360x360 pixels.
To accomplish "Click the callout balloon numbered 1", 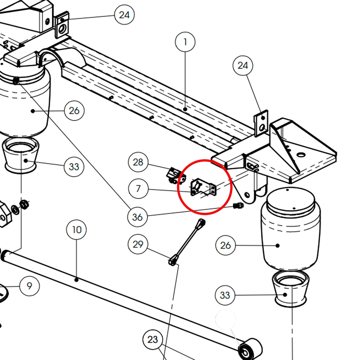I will tap(185, 42).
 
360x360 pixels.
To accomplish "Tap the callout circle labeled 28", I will tap(138, 162).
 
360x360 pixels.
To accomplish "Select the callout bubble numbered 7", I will tap(138, 189).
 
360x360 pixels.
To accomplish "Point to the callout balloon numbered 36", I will tap(137, 217).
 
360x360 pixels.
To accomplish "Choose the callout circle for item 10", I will tap(76, 230).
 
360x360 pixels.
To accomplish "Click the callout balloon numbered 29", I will tap(138, 244).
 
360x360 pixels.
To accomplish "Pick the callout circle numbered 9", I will tap(29, 286).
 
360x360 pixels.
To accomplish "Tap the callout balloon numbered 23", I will tap(152, 340).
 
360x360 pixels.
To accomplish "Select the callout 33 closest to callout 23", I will tap(225, 295).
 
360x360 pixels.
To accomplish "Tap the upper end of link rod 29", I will tap(201, 223).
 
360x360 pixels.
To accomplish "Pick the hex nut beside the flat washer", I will tap(24, 204).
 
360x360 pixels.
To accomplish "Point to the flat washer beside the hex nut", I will tap(15, 209).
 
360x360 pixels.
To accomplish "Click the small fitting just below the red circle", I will tap(238, 206).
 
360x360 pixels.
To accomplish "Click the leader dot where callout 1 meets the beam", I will tap(185, 109).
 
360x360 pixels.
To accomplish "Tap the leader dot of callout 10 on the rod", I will tap(76, 280).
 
